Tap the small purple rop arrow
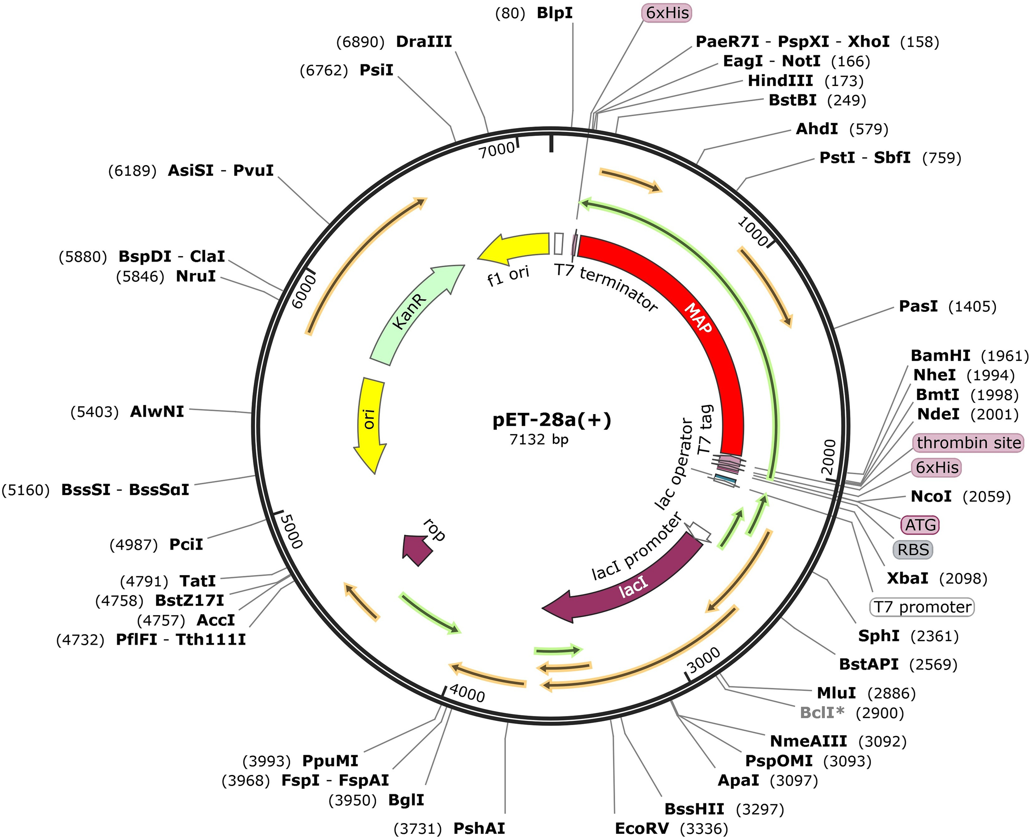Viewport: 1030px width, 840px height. pos(417,549)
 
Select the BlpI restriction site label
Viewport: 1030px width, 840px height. pos(555,13)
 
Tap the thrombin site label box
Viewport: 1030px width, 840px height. pos(968,443)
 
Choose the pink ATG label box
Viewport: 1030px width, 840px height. pos(920,524)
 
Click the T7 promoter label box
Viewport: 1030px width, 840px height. pos(922,607)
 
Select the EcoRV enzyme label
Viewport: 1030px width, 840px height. pos(641,829)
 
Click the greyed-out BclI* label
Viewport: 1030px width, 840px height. pos(822,712)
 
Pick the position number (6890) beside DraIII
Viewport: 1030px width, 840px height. pos(360,42)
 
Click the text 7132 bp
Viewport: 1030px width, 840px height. pos(538,439)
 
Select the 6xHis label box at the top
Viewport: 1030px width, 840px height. pos(667,13)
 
